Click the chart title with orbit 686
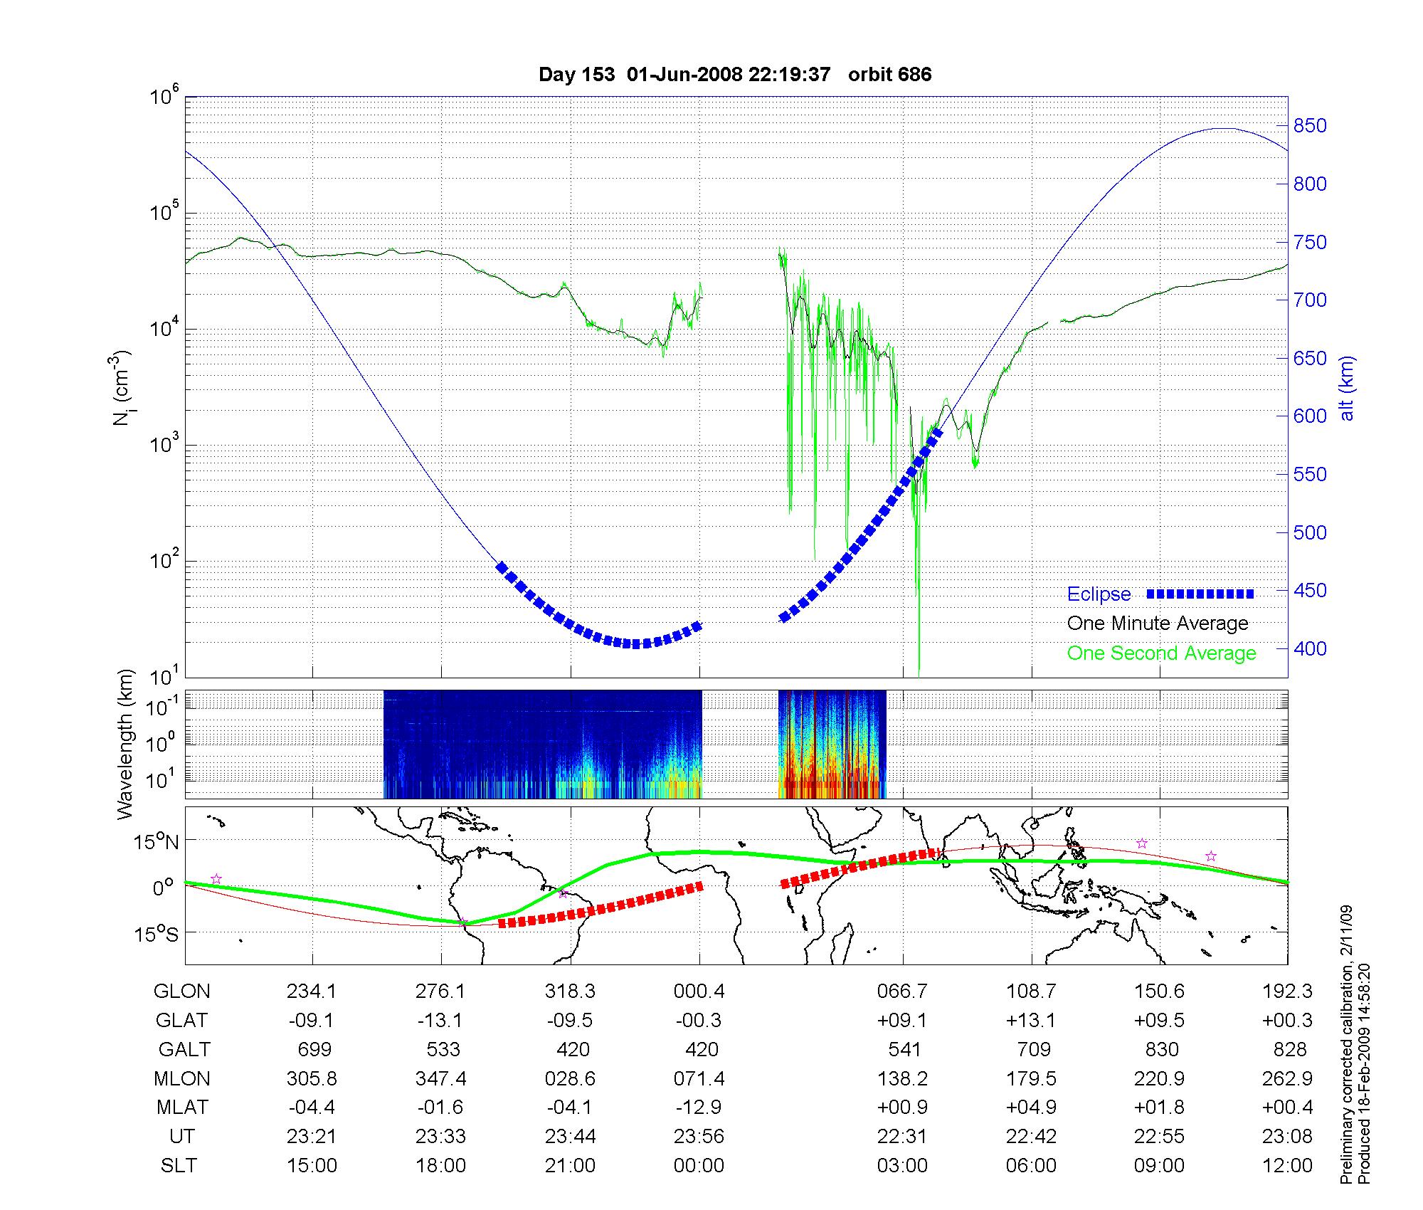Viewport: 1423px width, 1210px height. [x=734, y=75]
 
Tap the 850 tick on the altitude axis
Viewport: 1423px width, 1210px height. [x=1309, y=126]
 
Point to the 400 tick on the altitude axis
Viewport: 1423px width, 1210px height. [x=1309, y=648]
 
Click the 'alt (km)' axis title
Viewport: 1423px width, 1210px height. [x=1346, y=388]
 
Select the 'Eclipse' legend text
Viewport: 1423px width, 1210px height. [x=1099, y=594]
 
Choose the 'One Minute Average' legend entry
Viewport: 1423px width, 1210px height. [x=1158, y=624]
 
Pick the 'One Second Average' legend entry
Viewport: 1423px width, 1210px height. [x=1161, y=653]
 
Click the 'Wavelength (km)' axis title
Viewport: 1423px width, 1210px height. [x=126, y=744]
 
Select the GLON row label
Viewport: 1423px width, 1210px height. [x=182, y=991]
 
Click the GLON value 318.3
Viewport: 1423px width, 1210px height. [x=570, y=991]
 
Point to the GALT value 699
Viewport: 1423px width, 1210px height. [x=313, y=1050]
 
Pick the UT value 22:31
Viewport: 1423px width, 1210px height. [x=902, y=1137]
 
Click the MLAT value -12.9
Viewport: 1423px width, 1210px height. [x=699, y=1108]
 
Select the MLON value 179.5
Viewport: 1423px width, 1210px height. [x=1031, y=1079]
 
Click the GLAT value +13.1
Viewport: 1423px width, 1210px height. [x=1031, y=1021]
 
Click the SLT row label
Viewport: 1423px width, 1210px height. [x=179, y=1166]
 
